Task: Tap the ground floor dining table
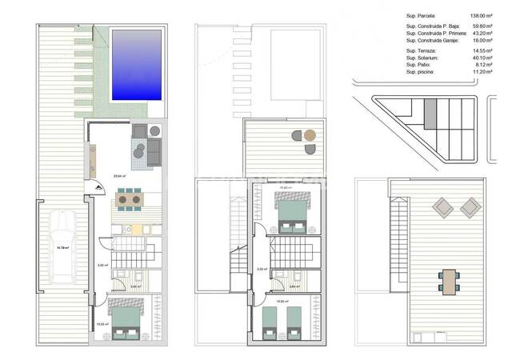pos(128,198)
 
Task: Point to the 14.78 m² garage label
pos(62,248)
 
